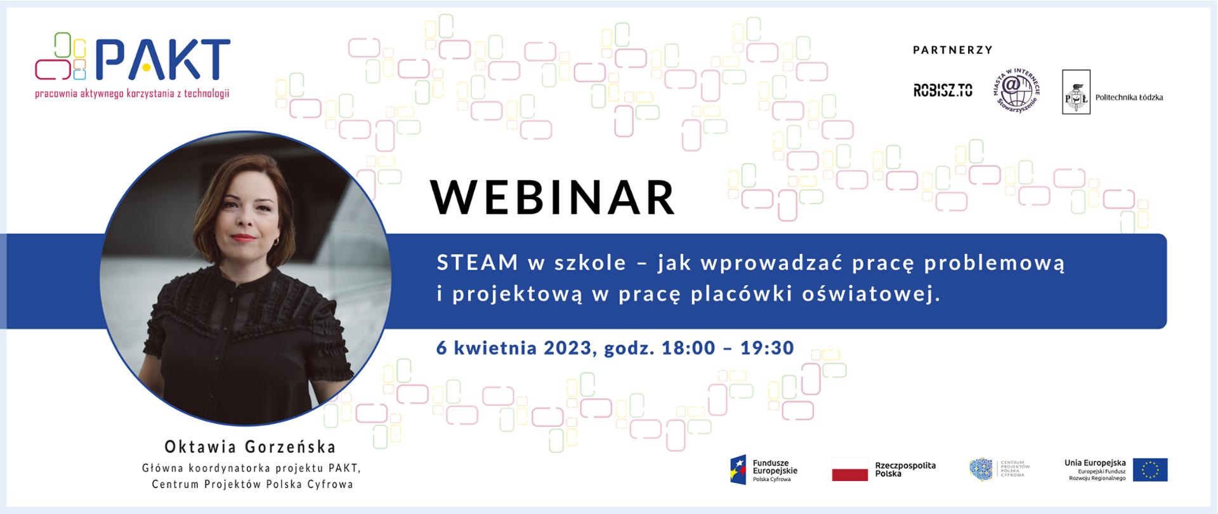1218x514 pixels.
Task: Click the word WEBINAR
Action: pos(553,197)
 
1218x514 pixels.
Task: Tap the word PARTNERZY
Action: pos(952,49)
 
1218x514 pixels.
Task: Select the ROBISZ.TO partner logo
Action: pos(943,91)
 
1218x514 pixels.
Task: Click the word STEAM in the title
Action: pos(477,263)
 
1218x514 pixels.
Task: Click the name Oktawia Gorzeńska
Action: pos(250,447)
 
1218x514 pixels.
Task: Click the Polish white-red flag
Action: pos(849,470)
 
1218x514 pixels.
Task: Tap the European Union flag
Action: pos(1150,470)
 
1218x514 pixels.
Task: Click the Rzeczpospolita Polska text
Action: pos(905,470)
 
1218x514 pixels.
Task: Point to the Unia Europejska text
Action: pos(1095,463)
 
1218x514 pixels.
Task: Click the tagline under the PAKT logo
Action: pos(132,94)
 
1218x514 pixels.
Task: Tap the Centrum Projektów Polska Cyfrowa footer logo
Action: pos(999,470)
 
